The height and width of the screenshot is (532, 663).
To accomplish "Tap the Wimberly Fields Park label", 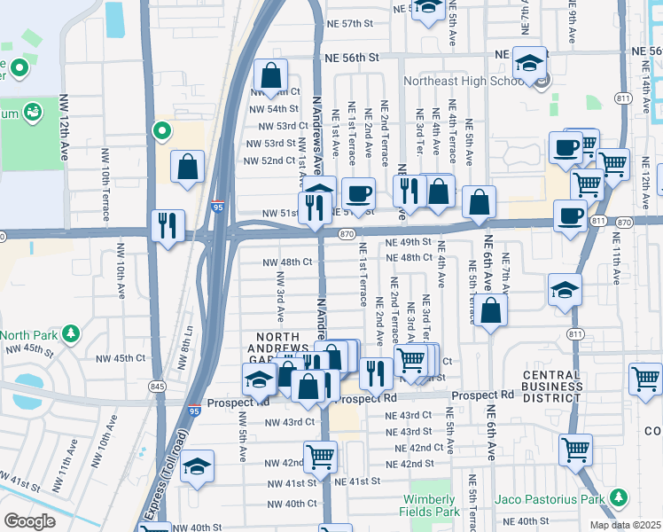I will click(x=433, y=505).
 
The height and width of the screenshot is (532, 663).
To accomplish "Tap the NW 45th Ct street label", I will click(x=116, y=358).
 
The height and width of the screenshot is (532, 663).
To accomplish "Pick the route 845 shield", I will click(x=157, y=386).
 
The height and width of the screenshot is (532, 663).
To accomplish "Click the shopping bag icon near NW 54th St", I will click(x=271, y=74).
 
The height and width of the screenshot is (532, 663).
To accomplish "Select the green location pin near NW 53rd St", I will click(x=161, y=131).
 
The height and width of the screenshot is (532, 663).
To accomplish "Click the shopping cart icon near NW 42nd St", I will click(x=320, y=457).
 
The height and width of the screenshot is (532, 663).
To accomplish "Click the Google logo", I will click(x=29, y=521).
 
